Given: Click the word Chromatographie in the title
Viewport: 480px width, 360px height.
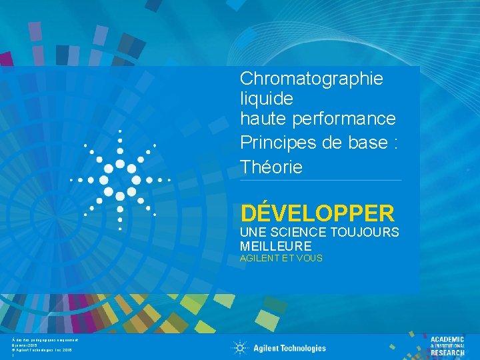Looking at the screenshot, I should pyautogui.click(x=311, y=79).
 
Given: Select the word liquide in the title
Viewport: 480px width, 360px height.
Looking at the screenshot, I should pyautogui.click(x=266, y=99).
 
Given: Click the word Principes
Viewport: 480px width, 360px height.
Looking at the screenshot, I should pyautogui.click(x=272, y=143).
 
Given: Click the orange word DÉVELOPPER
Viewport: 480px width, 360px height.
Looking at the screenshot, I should pyautogui.click(x=317, y=213).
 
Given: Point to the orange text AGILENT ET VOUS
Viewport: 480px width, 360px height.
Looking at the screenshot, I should pyautogui.click(x=281, y=258).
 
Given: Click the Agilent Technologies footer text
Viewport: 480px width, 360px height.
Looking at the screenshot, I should pyautogui.click(x=289, y=348).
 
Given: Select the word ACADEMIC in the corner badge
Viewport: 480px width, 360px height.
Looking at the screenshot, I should pyautogui.click(x=447, y=340).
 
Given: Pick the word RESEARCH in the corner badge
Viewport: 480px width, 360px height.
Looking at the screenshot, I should pyautogui.click(x=447, y=353).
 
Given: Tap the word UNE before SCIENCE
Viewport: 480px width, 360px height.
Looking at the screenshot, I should pyautogui.click(x=252, y=233).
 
